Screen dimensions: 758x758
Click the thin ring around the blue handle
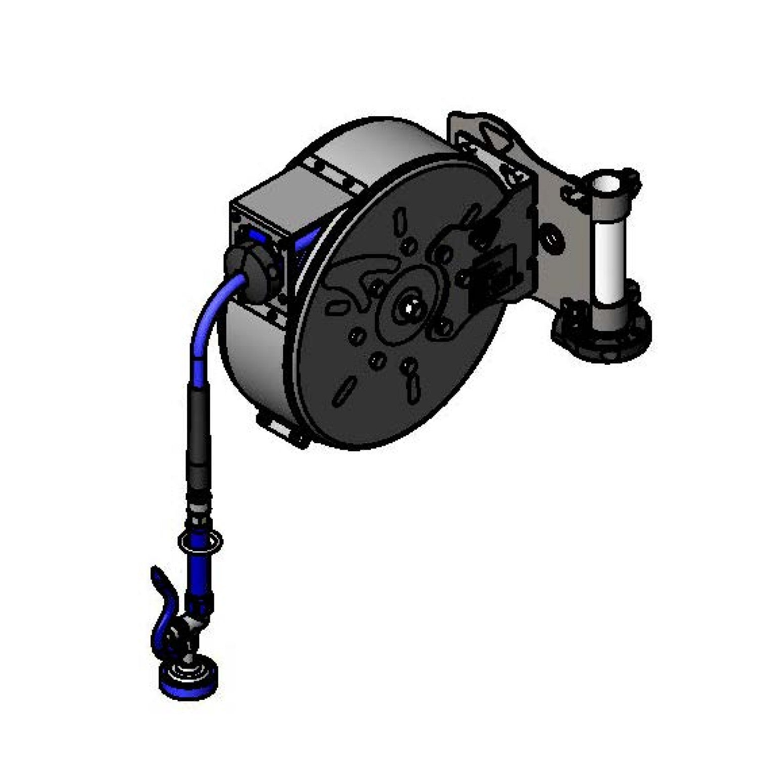[200, 540]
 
